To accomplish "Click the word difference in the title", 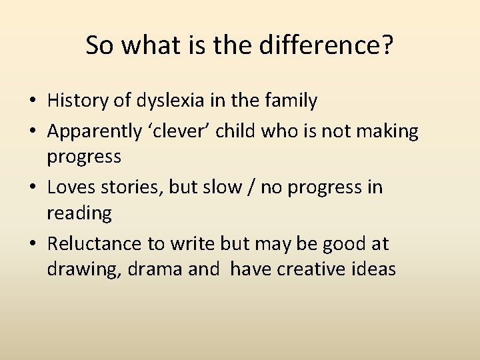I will (x=318, y=45).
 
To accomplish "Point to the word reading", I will (x=79, y=214).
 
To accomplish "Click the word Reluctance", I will (x=94, y=243).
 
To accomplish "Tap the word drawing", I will (x=81, y=270).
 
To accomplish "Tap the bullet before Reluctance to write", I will (x=33, y=245).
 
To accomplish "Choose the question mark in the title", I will (x=387, y=45).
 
